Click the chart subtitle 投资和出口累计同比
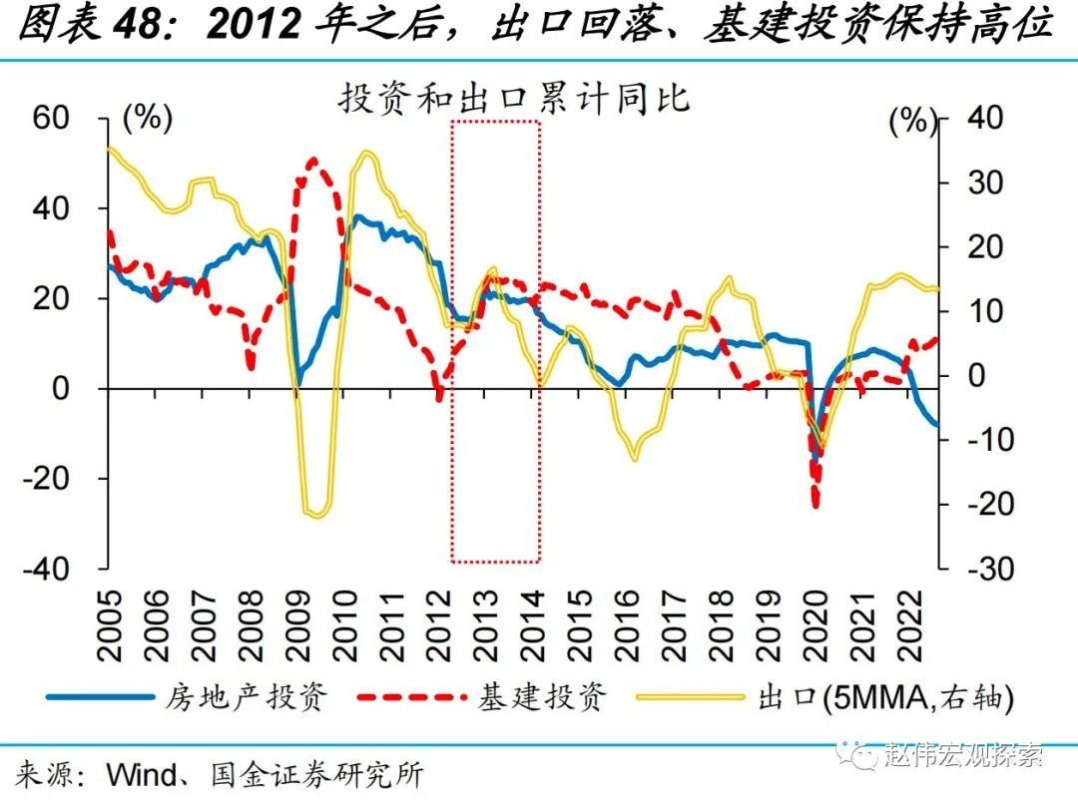pos(514,101)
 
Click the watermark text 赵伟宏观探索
pos(963,754)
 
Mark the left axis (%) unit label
pos(147,118)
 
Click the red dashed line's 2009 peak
pos(314,160)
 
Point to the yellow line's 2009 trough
pos(316,515)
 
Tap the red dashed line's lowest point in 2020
pos(816,505)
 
